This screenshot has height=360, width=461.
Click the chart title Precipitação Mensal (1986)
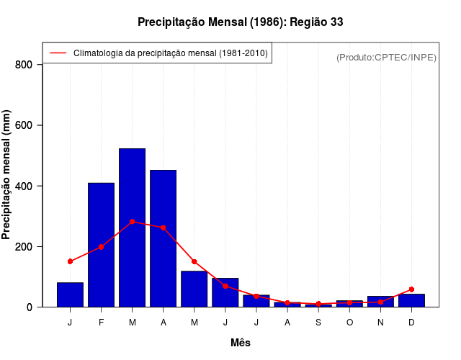pyautogui.click(x=240, y=22)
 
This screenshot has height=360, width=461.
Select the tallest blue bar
pyautogui.click(x=133, y=228)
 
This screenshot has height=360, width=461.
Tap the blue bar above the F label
pyautogui.click(x=102, y=245)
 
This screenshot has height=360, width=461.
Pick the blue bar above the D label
pyautogui.click(x=411, y=300)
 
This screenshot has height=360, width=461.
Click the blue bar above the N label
pyautogui.click(x=380, y=302)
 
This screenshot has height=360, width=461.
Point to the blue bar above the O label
pyautogui.click(x=349, y=304)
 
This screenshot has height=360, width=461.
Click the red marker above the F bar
pyautogui.click(x=102, y=247)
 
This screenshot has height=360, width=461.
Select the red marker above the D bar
pyautogui.click(x=411, y=289)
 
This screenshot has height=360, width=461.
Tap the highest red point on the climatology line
pyautogui.click(x=133, y=222)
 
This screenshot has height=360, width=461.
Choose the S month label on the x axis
pyautogui.click(x=318, y=323)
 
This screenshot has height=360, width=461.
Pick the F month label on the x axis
pyautogui.click(x=102, y=323)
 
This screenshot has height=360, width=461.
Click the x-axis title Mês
pyautogui.click(x=241, y=343)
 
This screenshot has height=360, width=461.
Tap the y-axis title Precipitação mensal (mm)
pyautogui.click(x=7, y=174)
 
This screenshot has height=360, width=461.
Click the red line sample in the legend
pyautogui.click(x=58, y=53)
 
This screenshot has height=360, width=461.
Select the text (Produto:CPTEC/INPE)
pyautogui.click(x=387, y=57)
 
